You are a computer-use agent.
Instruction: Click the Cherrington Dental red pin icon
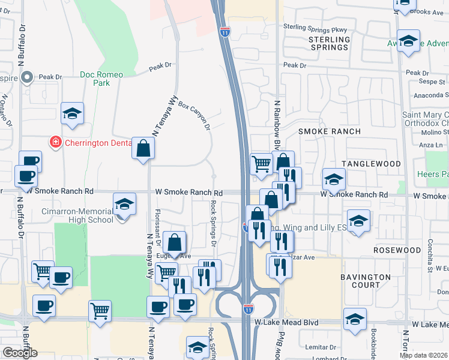pos(55,142)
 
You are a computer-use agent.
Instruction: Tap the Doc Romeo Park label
pos(101,79)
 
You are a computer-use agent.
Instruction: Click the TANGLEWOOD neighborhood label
pos(371,164)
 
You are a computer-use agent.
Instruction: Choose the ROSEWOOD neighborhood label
pos(380,250)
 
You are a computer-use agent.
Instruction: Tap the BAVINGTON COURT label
pos(366,281)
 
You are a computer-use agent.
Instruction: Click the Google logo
pos(20,353)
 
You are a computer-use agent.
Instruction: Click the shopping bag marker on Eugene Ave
pos(174,243)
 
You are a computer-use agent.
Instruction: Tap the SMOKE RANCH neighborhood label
pos(330,131)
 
